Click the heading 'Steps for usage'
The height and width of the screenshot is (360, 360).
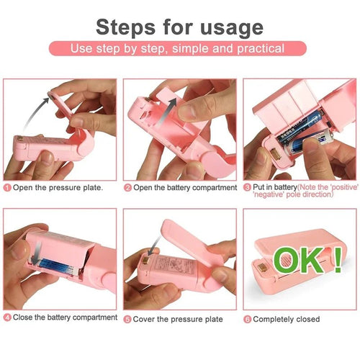180,27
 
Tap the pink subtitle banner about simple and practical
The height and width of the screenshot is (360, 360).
180,49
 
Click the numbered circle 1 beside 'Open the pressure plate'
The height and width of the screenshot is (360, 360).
6,187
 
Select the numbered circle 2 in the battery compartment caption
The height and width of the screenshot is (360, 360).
127,187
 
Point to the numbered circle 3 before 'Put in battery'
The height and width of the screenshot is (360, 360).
246,187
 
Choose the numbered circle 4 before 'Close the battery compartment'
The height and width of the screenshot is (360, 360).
6,318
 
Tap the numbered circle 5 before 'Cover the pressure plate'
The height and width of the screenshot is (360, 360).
127,318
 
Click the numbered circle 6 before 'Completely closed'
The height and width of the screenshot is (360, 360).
246,318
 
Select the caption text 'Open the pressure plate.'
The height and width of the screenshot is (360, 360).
57,187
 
